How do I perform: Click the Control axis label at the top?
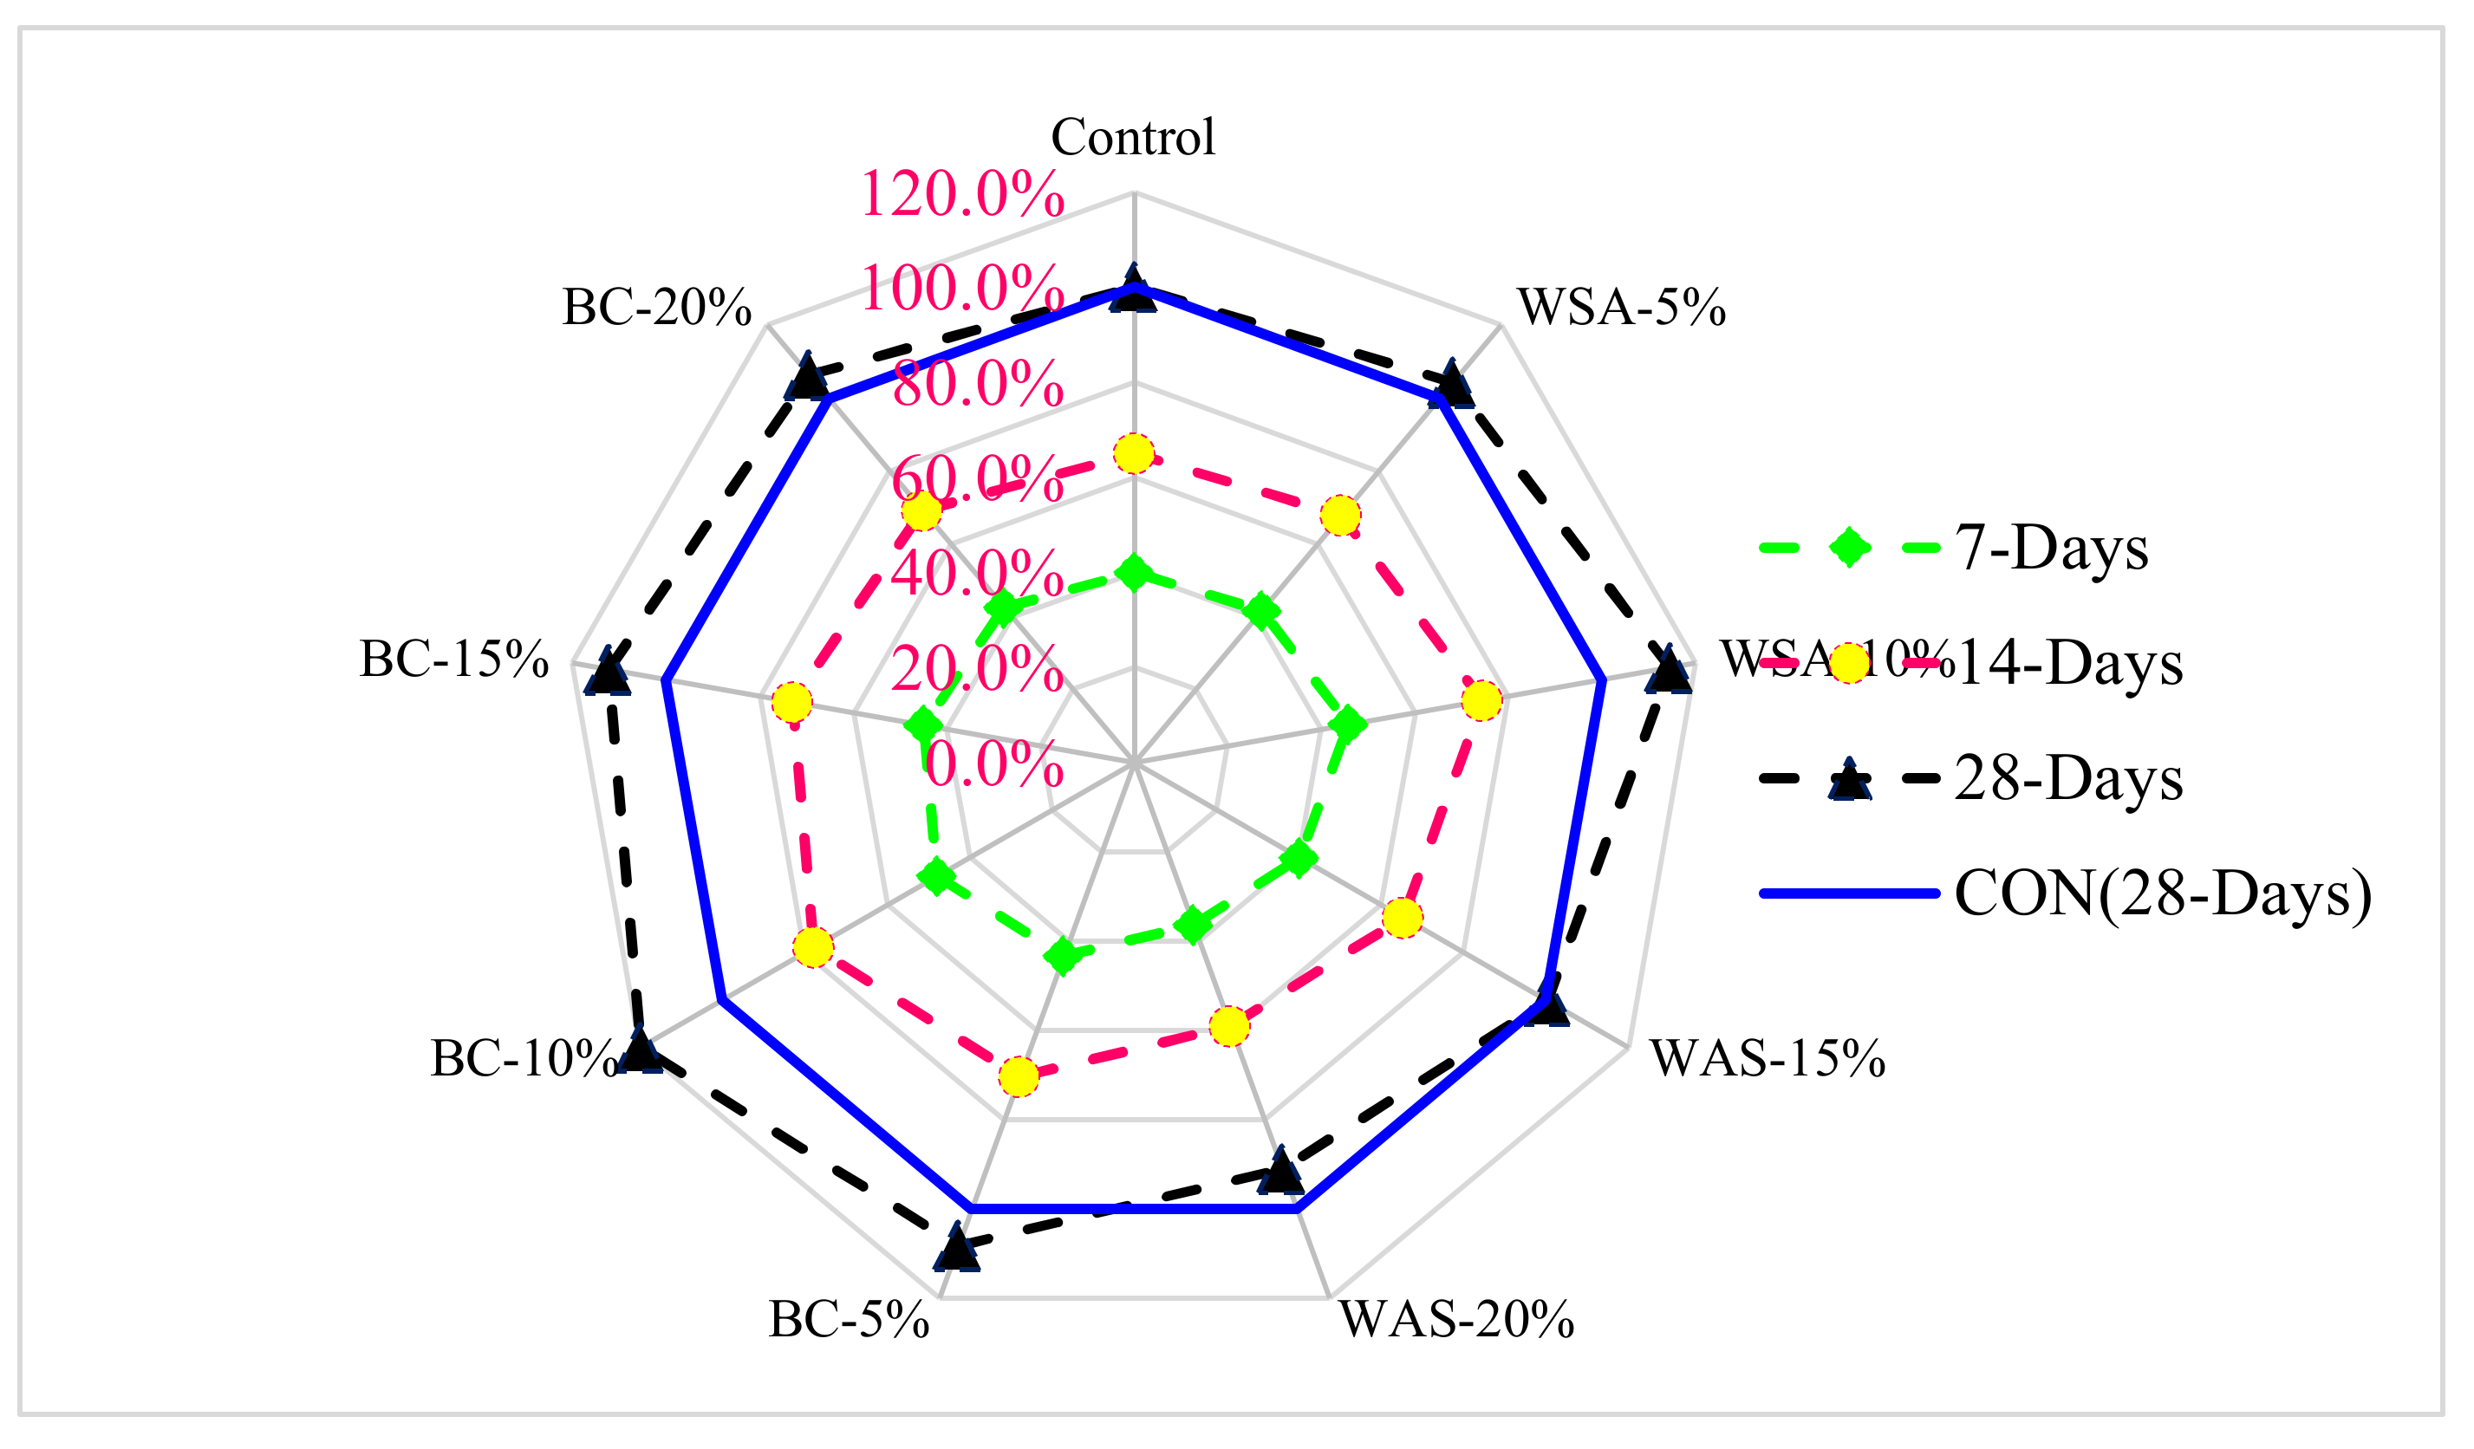[1133, 136]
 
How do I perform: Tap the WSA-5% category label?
[1621, 308]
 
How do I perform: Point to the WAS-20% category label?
[1457, 1319]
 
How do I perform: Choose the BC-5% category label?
[849, 1319]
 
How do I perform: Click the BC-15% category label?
[453, 659]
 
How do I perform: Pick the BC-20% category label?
[657, 308]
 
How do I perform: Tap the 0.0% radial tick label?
[993, 764]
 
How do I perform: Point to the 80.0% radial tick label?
[978, 384]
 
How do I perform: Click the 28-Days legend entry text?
[2068, 778]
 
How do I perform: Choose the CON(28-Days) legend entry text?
[2164, 893]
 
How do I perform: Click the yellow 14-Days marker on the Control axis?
[1134, 454]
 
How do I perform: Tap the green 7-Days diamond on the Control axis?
[1134, 572]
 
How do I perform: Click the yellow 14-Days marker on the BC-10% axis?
[813, 947]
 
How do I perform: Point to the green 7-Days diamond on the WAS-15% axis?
[1299, 858]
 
